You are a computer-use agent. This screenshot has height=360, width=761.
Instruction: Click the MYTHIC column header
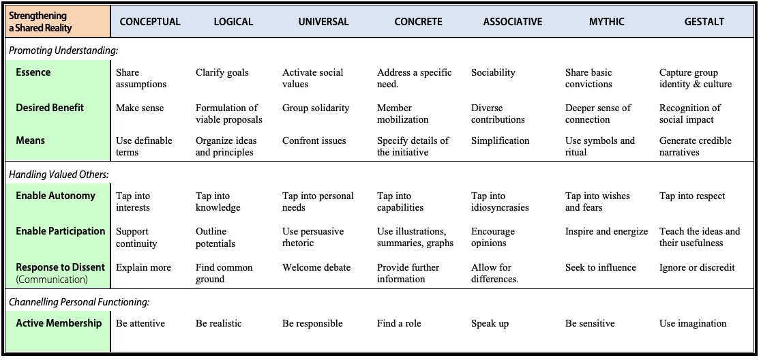click(607, 22)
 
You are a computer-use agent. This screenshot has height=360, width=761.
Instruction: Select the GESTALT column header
click(704, 22)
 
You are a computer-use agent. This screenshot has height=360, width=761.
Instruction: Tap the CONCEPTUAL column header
click(150, 22)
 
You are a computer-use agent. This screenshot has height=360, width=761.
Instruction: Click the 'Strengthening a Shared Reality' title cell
click(58, 22)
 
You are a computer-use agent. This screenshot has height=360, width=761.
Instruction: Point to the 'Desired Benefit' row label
click(50, 108)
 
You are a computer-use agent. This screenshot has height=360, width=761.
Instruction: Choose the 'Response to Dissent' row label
click(60, 267)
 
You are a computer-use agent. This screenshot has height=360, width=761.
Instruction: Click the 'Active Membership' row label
click(59, 323)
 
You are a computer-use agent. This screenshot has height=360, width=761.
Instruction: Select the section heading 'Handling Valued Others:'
click(59, 175)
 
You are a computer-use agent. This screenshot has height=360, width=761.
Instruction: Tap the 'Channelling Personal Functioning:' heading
click(79, 302)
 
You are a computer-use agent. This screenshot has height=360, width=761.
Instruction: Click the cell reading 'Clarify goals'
click(222, 73)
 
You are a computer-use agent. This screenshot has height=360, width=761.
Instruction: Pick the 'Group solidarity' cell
click(316, 108)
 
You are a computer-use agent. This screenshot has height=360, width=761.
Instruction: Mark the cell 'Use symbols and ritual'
click(600, 147)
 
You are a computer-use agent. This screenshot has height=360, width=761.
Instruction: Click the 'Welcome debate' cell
click(316, 267)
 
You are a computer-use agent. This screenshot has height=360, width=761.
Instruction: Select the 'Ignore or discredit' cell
click(697, 267)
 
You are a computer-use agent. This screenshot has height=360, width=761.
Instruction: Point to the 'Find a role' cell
click(399, 323)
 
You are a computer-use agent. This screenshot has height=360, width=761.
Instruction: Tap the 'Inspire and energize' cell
click(606, 232)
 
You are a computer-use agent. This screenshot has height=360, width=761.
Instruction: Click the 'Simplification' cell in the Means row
click(500, 141)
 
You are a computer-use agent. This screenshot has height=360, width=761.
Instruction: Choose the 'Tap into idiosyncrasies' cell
click(500, 202)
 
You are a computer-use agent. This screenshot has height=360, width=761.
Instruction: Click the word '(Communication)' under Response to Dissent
click(52, 280)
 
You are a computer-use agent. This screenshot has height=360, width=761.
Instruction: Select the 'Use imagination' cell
click(693, 323)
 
